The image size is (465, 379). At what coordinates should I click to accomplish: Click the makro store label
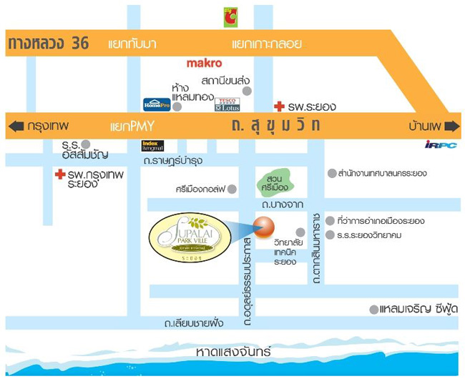click(x=205, y=64)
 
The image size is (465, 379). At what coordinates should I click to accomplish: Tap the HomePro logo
click(x=157, y=104)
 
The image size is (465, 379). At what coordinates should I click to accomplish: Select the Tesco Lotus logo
click(x=227, y=104)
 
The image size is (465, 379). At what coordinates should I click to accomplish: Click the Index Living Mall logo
click(x=153, y=146)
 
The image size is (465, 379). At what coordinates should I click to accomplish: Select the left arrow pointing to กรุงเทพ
click(x=15, y=127)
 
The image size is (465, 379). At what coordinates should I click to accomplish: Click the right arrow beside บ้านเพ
click(x=451, y=127)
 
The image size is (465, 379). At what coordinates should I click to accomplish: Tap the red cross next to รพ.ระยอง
click(x=279, y=107)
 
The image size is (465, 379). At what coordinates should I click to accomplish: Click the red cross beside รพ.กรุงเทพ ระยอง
click(x=60, y=174)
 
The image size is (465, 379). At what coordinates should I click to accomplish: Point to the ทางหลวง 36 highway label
click(x=48, y=44)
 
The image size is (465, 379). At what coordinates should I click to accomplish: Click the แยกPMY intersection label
click(x=132, y=127)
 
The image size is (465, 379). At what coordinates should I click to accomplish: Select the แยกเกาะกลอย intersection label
click(x=267, y=44)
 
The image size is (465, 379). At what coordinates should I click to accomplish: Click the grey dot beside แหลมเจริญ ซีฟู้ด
click(x=373, y=310)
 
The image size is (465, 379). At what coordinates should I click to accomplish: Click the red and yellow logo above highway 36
click(x=230, y=17)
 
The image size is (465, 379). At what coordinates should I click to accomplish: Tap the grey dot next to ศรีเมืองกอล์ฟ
click(x=240, y=189)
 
